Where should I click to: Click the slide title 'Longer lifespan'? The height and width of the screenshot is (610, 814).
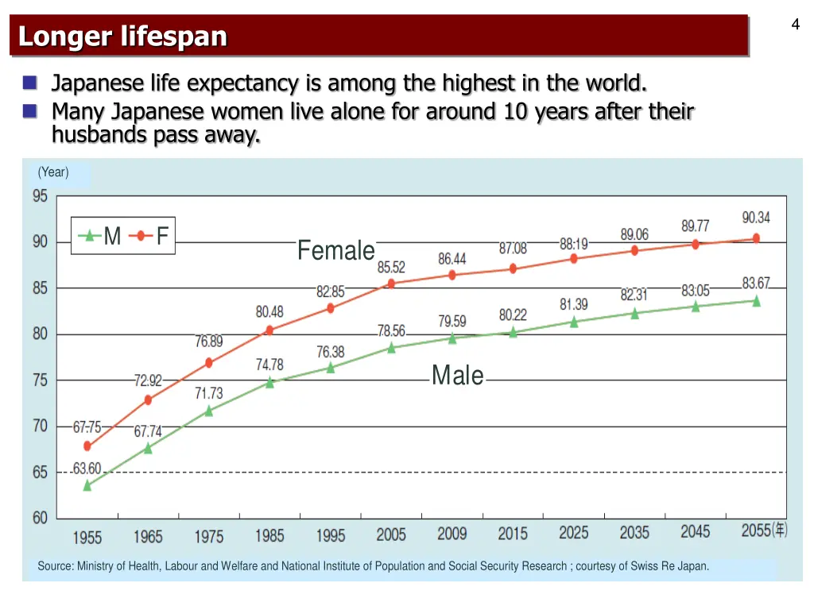point(123,37)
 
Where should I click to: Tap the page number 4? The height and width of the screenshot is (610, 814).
point(795,25)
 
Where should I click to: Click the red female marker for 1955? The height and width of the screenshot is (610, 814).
point(87,446)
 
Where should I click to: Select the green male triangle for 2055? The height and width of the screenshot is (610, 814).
point(756,301)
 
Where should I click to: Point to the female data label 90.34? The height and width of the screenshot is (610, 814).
point(756,218)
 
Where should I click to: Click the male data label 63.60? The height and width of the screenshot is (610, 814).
point(87,469)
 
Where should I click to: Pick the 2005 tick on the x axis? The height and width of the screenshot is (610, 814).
point(391,535)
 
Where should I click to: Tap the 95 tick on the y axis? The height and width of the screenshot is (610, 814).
point(40,196)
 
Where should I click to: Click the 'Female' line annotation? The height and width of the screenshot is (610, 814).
point(335,251)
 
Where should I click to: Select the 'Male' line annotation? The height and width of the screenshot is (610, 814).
point(457,375)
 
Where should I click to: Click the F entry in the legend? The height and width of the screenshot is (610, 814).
point(161,236)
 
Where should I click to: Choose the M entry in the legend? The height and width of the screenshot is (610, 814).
point(112,236)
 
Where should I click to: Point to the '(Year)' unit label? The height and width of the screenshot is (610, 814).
point(53,172)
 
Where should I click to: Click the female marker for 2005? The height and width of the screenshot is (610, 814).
point(391,284)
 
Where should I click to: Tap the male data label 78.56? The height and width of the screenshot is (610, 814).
point(391,331)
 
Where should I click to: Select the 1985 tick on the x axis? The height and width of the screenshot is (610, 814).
point(269,535)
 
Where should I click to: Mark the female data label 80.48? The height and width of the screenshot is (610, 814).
point(269,312)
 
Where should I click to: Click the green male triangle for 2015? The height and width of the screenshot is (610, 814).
point(513,333)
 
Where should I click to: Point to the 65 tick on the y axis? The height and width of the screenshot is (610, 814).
point(40,473)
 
